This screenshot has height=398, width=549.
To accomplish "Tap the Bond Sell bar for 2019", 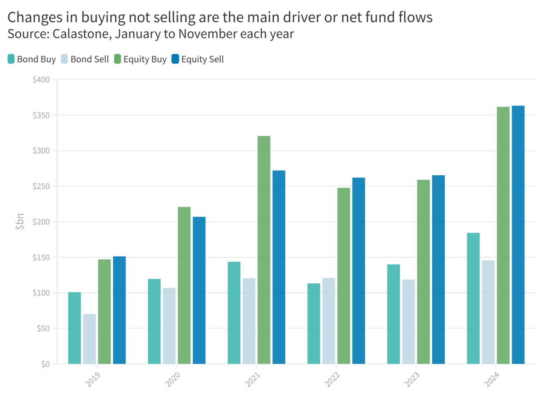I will tap(89, 339).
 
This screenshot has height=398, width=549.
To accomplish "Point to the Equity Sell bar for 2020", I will tap(199, 290).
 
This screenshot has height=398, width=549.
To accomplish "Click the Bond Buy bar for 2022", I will tap(314, 324).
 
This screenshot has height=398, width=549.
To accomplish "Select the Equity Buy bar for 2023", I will tap(424, 272).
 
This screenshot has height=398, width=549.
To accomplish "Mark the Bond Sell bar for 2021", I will tap(249, 321).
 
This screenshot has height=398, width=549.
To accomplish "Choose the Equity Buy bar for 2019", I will tap(104, 311).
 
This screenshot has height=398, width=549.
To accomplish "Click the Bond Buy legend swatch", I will tap(11, 59).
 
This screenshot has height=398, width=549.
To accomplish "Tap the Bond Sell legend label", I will tap(89, 59).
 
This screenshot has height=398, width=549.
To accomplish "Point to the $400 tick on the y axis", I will tap(41, 80).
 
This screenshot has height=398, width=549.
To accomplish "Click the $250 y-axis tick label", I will tap(41, 186).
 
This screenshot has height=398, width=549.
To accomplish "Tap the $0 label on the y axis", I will tap(45, 364).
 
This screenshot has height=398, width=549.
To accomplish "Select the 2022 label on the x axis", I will tap(332, 379).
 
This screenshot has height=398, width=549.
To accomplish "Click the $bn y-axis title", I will tap(20, 222).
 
